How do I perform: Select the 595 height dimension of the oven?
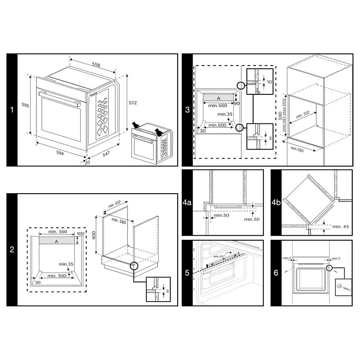pyautogui.click(x=26, y=105)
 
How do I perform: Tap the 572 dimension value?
pyautogui.click(x=132, y=103)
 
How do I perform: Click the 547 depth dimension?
pyautogui.click(x=106, y=155)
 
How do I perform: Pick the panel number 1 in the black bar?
pyautogui.click(x=12, y=110)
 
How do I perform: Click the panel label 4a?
pyautogui.click(x=187, y=202)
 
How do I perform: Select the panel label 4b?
pyautogui.click(x=276, y=202)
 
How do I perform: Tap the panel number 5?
pyautogui.click(x=187, y=273)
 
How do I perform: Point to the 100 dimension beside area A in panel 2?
pyautogui.click(x=81, y=234)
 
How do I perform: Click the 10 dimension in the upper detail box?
pyautogui.click(x=269, y=82)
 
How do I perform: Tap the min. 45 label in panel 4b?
pyautogui.click(x=340, y=226)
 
